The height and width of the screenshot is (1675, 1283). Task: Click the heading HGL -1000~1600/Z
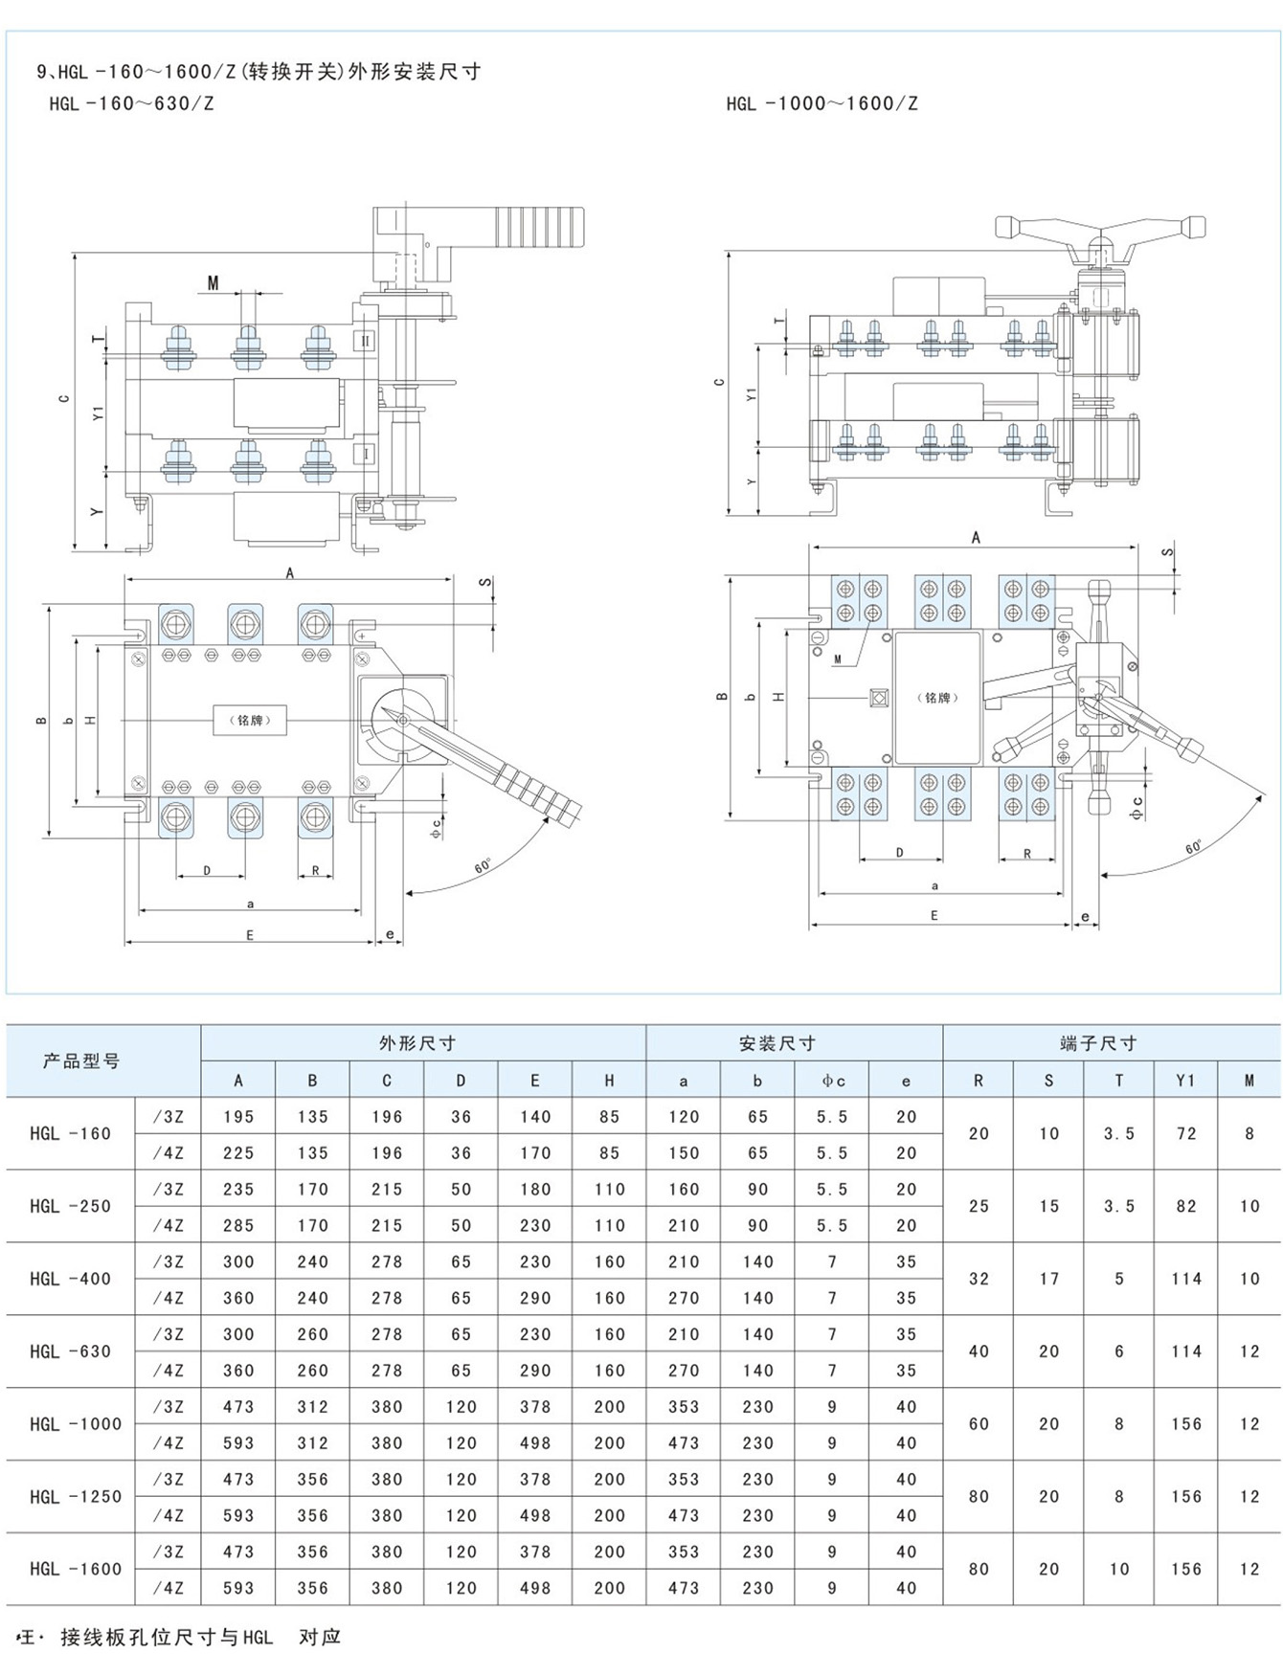(822, 104)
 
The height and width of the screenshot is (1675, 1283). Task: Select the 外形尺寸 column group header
(416, 1043)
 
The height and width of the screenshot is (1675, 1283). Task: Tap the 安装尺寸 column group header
(777, 1043)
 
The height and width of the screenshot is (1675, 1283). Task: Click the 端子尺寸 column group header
(1098, 1043)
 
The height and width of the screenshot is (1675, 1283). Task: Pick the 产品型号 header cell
(81, 1061)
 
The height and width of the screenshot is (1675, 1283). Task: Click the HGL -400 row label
(70, 1279)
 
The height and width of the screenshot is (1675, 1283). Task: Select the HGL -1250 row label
(76, 1497)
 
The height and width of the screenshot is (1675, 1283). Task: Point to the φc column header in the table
(833, 1081)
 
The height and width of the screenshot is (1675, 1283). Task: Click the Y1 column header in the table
(1185, 1081)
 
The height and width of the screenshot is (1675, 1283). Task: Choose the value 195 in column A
(238, 1117)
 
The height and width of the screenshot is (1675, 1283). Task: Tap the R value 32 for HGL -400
(979, 1279)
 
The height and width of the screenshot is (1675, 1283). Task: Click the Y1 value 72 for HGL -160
(1186, 1134)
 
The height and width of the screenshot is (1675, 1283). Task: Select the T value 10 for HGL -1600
(1119, 1570)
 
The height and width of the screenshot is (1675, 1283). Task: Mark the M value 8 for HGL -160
(1249, 1134)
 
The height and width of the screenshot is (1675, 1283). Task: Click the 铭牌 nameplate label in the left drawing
(249, 720)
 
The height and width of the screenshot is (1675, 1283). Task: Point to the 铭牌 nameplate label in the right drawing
(937, 698)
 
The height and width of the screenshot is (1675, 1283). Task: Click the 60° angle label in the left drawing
(483, 865)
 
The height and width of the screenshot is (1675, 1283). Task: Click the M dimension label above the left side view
(213, 283)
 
